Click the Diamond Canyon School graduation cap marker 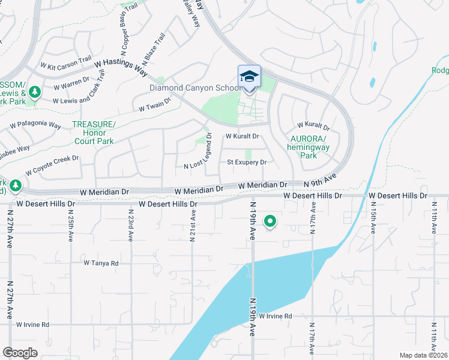[249, 77]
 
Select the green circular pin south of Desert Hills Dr [270, 222]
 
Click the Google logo [20, 353]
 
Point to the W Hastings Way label [121, 66]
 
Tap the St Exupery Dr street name [246, 162]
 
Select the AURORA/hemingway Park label [307, 146]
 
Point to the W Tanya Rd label [101, 263]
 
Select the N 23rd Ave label [130, 224]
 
